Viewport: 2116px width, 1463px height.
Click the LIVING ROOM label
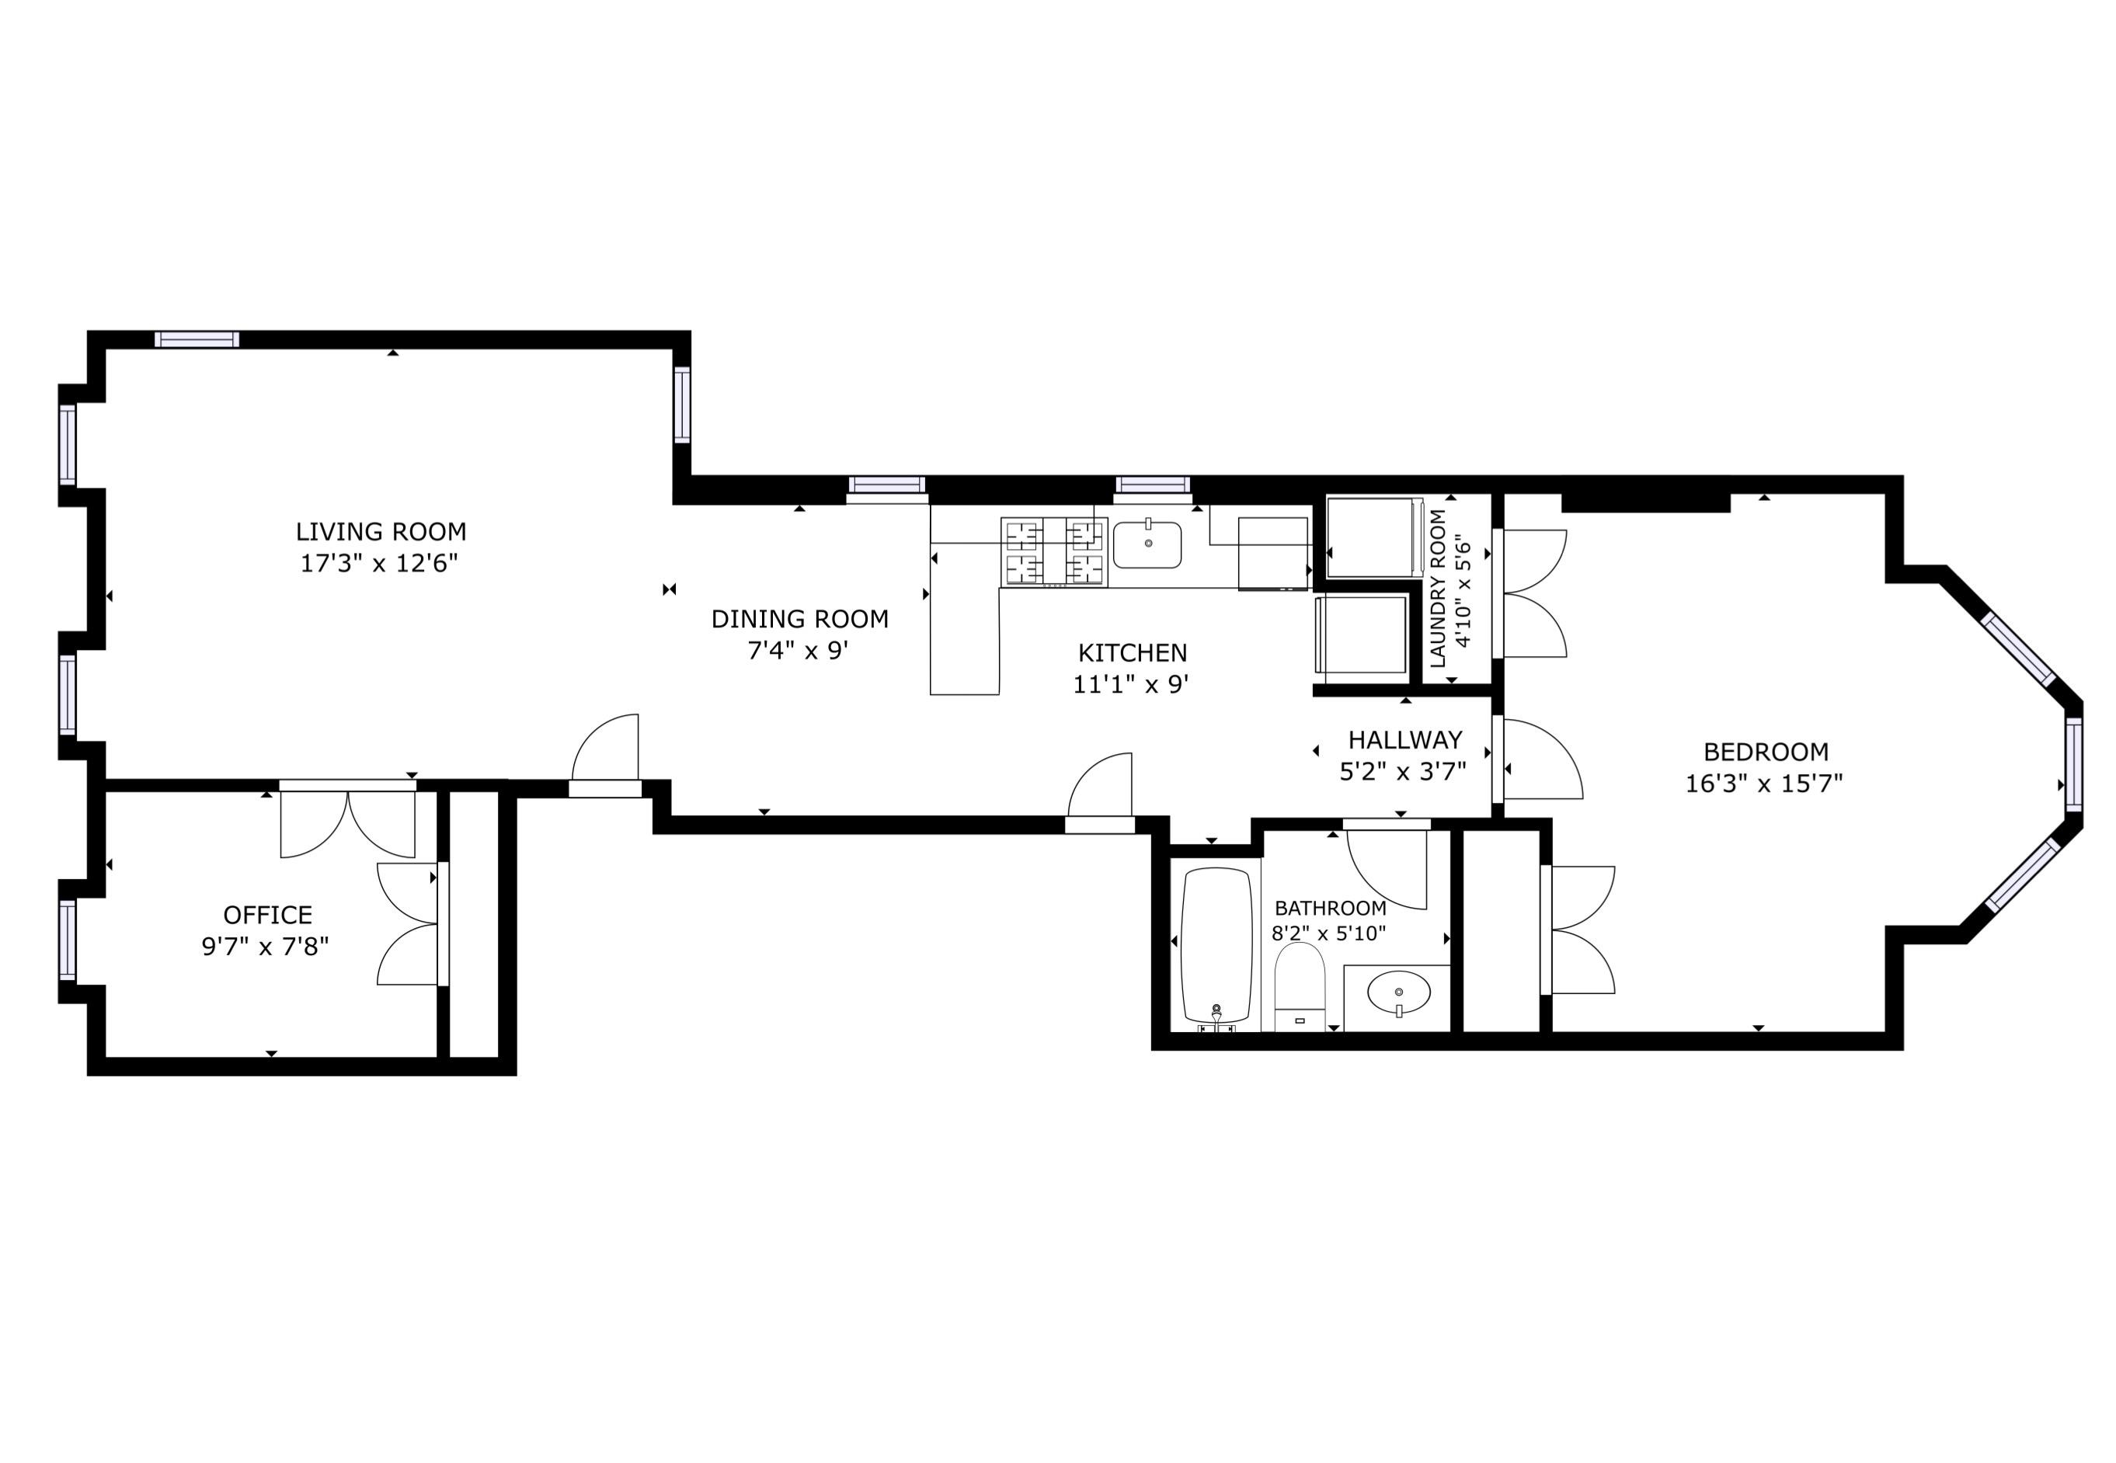coord(381,532)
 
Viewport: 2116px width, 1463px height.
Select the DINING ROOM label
coord(799,619)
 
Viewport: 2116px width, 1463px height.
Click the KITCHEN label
coord(1133,652)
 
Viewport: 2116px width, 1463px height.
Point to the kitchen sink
coord(1147,545)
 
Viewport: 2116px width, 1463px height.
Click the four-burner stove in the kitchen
coord(1054,552)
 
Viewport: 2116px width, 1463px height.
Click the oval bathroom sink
coord(1398,992)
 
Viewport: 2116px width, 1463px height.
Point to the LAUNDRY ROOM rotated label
coord(1438,589)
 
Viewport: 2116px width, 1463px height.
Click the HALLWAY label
coord(1404,740)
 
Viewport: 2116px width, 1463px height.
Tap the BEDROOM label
coord(1766,752)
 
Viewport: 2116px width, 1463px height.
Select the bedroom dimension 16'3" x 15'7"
coord(1764,784)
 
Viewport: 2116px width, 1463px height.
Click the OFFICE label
coord(268,915)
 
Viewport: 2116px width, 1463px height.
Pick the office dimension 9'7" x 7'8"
coord(265,946)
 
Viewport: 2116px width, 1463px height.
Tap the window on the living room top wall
coord(197,339)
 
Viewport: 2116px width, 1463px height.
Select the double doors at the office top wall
coord(347,821)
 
